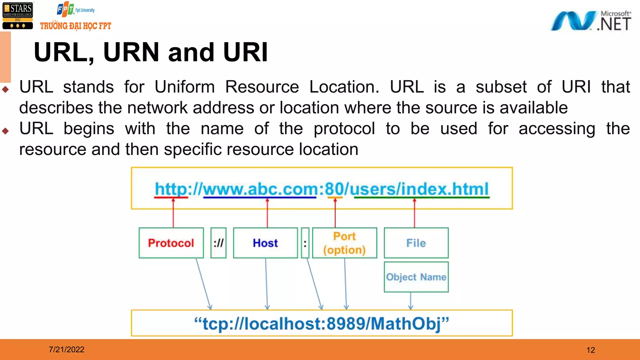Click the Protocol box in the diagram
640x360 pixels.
171,243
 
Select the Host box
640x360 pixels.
265,243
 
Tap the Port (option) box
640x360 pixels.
344,243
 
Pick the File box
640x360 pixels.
416,243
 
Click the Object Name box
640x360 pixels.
416,277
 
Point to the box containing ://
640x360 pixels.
218,243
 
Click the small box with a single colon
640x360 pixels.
305,243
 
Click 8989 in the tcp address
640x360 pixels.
346,323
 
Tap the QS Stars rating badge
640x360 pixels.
18,16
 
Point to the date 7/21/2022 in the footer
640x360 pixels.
67,349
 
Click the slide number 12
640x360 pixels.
591,350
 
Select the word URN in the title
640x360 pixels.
131,52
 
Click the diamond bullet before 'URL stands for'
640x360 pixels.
5,90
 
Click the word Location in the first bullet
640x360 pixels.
344,87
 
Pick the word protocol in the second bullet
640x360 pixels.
344,129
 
